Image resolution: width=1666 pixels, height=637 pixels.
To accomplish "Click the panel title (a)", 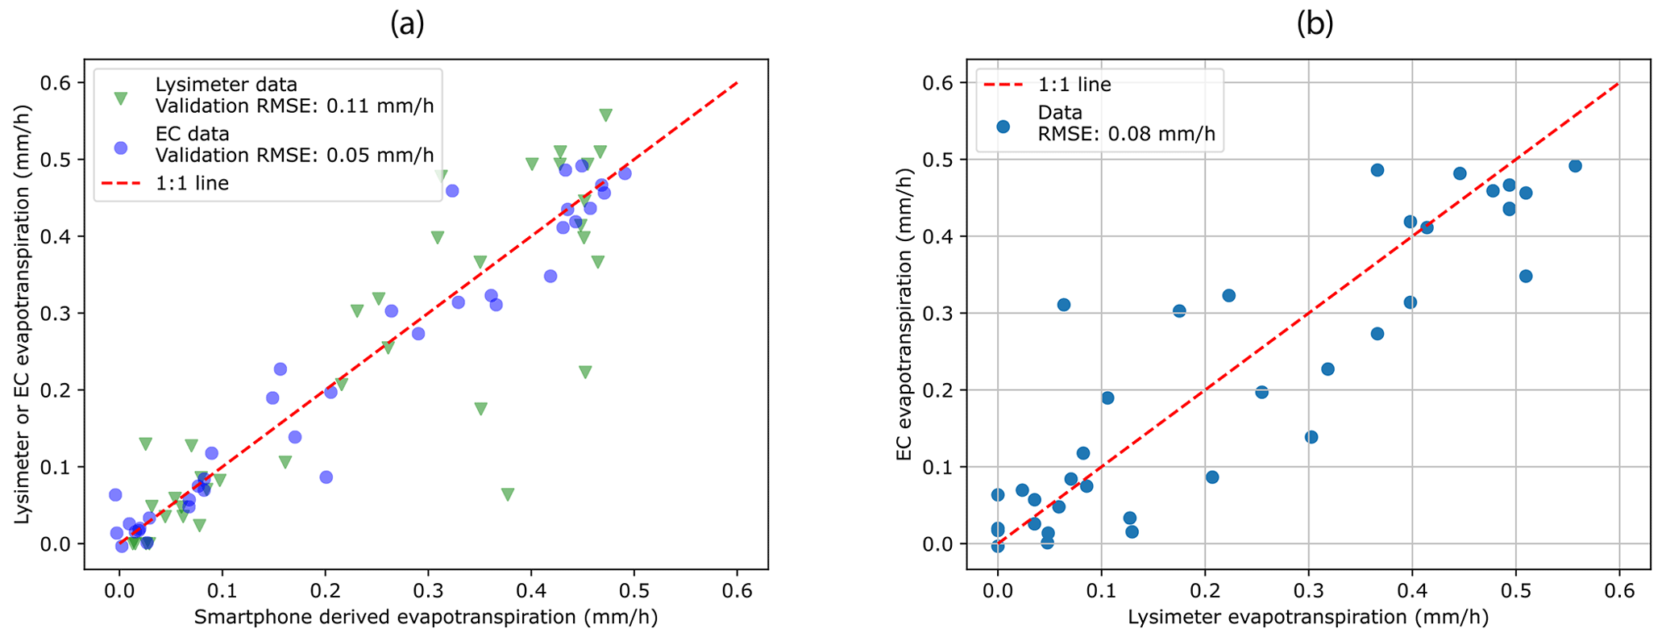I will point(407,25).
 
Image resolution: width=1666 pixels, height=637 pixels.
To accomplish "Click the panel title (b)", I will point(1315,25).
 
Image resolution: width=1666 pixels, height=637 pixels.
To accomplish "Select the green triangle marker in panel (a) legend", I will point(121,98).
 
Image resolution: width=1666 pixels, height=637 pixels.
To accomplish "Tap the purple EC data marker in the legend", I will point(121,148).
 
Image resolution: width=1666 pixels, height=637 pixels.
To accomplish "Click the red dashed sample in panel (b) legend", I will point(1003,85).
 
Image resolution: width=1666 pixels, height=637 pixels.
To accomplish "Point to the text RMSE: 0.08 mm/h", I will point(1126,135).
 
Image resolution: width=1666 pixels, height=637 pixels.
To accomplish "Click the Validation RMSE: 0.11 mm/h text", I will point(294,106).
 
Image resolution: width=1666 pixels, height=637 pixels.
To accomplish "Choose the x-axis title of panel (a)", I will point(426,618).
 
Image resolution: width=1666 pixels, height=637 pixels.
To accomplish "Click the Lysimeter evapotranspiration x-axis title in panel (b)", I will point(1307,618).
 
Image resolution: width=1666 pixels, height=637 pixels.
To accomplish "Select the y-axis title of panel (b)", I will point(904,314).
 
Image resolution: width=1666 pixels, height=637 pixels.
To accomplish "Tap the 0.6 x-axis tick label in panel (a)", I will point(737,592).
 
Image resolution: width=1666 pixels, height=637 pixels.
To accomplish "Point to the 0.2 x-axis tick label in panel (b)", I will point(1204,592).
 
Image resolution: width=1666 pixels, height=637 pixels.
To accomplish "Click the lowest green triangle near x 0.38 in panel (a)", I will point(507,493).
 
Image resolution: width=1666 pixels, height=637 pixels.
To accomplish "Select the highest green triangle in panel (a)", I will point(605,115).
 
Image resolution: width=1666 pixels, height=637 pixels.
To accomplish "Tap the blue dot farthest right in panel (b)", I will point(1575,166).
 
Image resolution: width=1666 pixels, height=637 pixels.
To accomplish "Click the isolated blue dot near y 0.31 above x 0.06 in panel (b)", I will point(1063,305).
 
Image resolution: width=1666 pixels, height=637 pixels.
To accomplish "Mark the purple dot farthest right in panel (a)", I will point(625,173).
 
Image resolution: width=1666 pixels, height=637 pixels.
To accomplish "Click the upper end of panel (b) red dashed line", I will point(1618,83).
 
